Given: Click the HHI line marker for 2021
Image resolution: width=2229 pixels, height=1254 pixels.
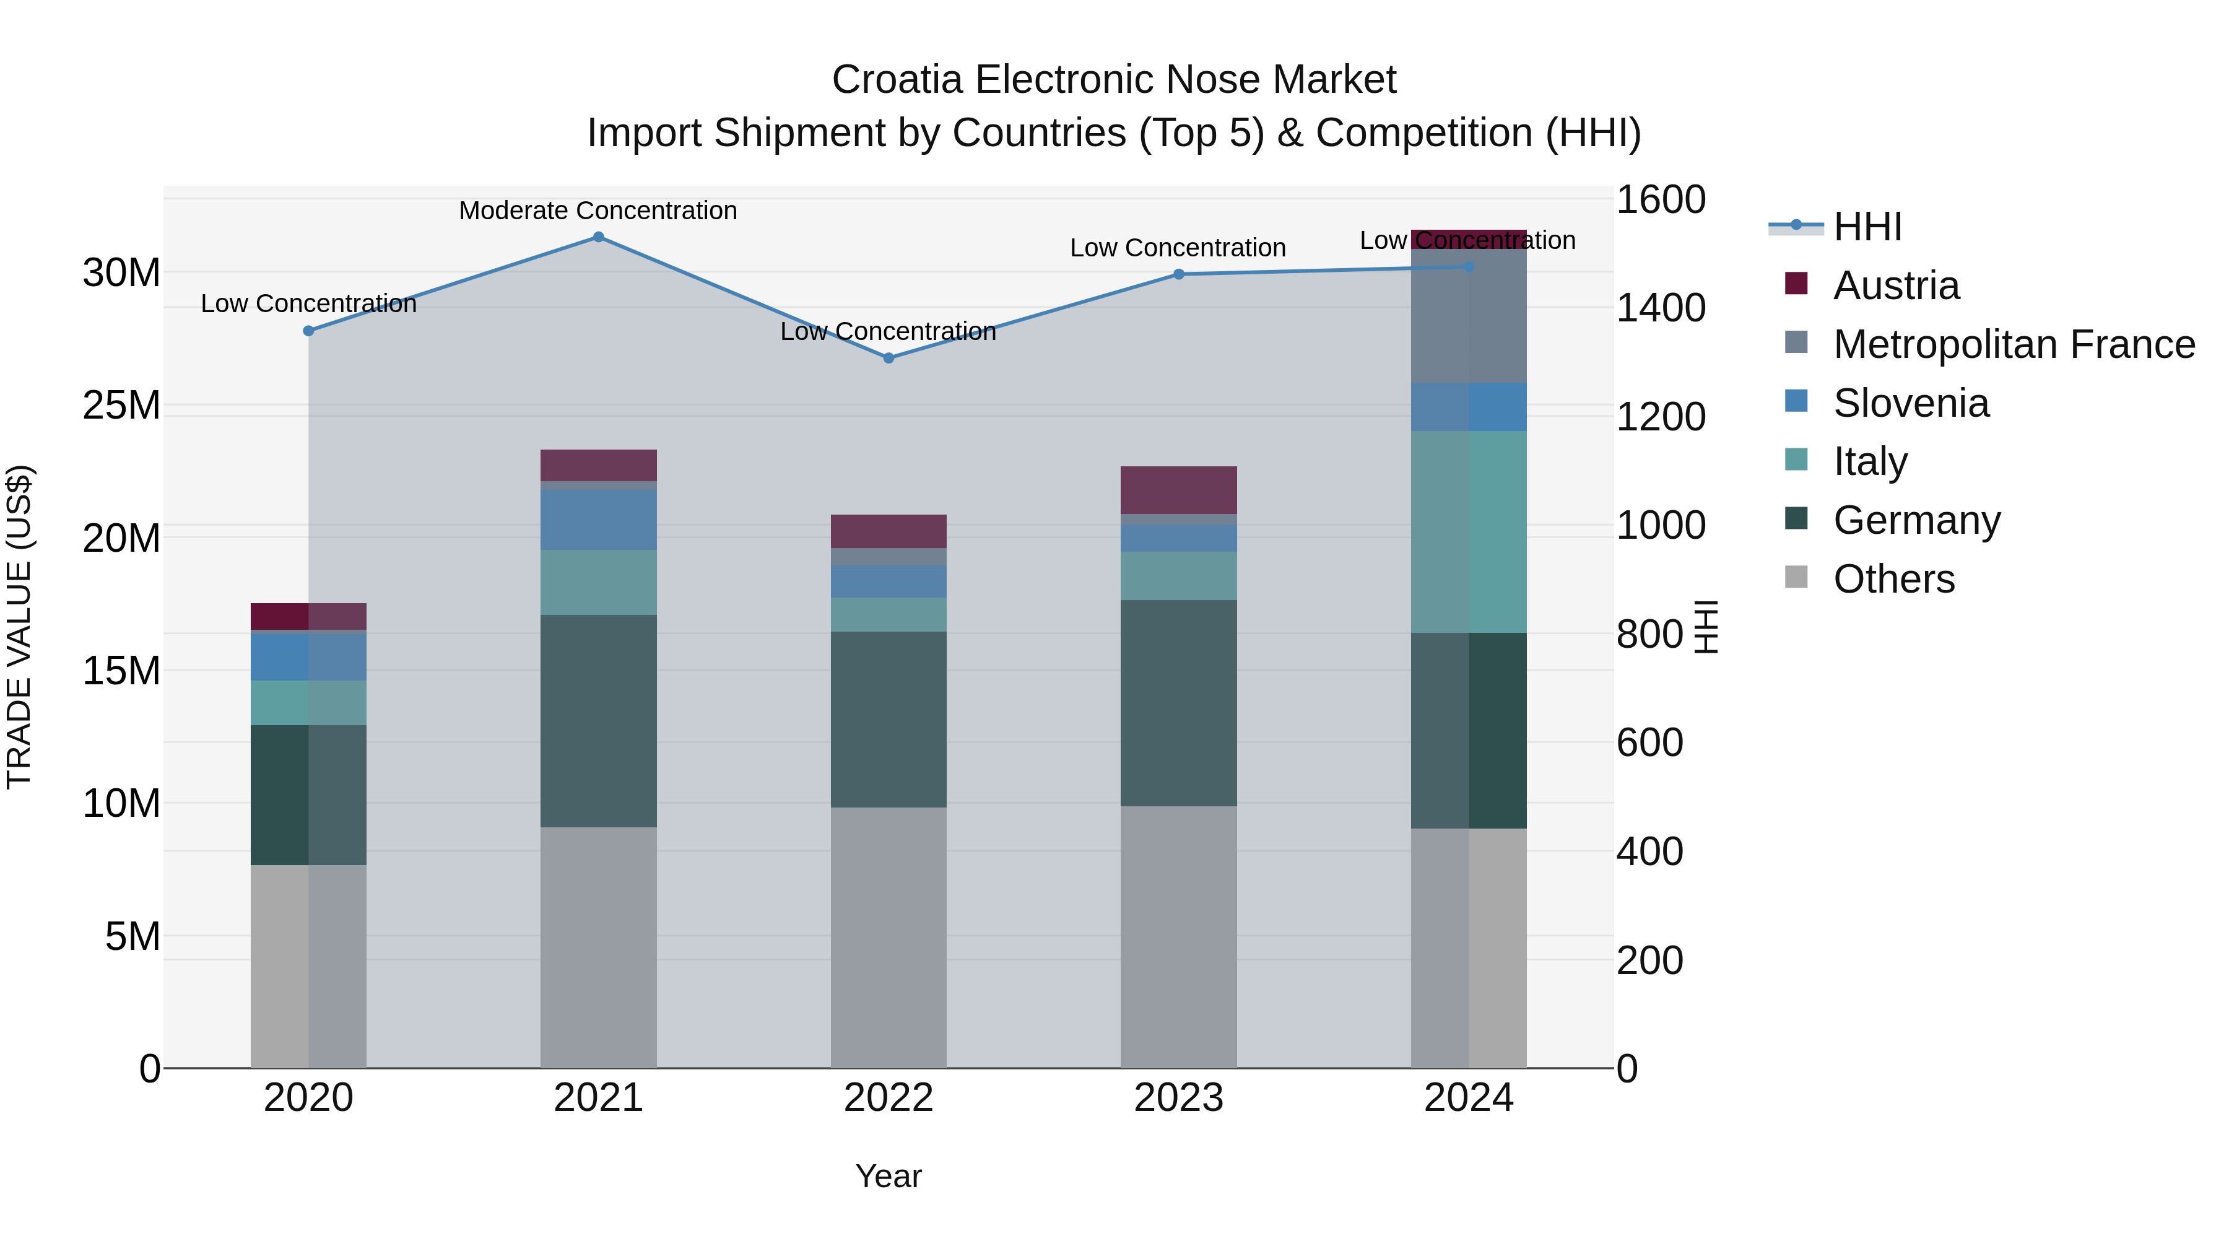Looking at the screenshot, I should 598,237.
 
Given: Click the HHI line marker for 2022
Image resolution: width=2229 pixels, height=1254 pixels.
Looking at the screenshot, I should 888,357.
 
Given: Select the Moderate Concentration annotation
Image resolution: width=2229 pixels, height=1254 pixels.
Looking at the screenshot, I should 598,211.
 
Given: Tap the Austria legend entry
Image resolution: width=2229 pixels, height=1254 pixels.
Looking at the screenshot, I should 1895,285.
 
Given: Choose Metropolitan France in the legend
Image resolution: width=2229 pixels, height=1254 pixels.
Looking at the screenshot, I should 2013,344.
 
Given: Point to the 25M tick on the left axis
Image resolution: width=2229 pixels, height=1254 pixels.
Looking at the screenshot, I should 121,405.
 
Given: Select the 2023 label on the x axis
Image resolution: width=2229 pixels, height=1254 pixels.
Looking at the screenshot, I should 1178,1098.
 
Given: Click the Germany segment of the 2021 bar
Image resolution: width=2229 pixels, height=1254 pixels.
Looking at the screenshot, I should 598,720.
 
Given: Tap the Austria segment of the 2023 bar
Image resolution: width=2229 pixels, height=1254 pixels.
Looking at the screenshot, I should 1178,490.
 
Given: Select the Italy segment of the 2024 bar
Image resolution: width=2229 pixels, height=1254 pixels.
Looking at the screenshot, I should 1469,531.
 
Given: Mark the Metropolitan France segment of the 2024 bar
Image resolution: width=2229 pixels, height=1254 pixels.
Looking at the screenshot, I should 1469,316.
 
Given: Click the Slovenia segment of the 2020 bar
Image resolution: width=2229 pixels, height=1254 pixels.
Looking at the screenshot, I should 308,657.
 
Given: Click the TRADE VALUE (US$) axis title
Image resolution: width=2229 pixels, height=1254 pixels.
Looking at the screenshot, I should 19,627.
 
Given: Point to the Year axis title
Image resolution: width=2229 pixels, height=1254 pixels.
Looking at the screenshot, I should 888,1176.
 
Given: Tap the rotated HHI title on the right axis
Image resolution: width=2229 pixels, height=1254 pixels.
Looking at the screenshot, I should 1706,627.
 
